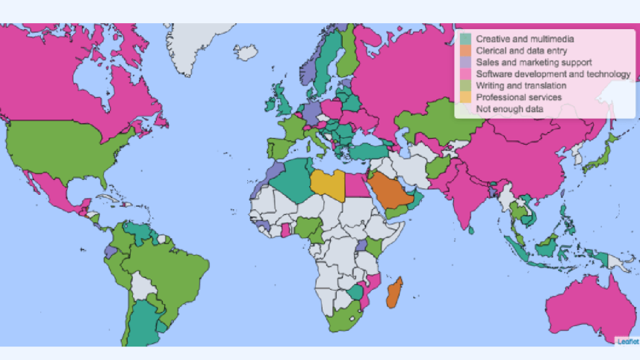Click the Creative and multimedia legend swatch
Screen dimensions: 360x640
pyautogui.click(x=466, y=38)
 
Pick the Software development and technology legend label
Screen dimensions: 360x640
pyautogui.click(x=553, y=74)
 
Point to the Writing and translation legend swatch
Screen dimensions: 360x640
pyautogui.click(x=466, y=86)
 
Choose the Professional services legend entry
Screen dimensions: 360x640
pyautogui.click(x=518, y=97)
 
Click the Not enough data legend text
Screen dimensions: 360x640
pyautogui.click(x=509, y=109)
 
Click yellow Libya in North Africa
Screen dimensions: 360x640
pyautogui.click(x=329, y=183)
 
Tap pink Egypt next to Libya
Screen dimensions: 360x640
pyautogui.click(x=358, y=187)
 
